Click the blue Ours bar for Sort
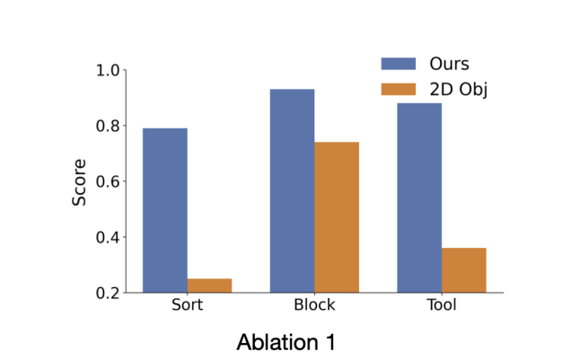[x=165, y=210]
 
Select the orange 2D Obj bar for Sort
[x=209, y=285]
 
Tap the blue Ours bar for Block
[x=292, y=190]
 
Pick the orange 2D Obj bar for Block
[x=337, y=217]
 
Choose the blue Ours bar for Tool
[x=419, y=198]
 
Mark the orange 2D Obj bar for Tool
[x=464, y=270]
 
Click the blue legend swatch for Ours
[x=399, y=64]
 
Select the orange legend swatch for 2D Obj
[x=399, y=89]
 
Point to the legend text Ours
[x=449, y=64]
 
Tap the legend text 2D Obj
[x=459, y=90]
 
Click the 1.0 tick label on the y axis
[x=107, y=70]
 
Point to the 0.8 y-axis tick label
[x=107, y=126]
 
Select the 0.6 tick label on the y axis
[x=107, y=181]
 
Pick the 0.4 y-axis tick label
[x=107, y=237]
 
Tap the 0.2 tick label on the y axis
[x=107, y=294]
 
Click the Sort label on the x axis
[x=187, y=304]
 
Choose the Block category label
[x=314, y=304]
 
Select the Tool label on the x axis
[x=442, y=304]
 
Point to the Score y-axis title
[x=79, y=182]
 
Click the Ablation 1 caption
[x=285, y=342]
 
